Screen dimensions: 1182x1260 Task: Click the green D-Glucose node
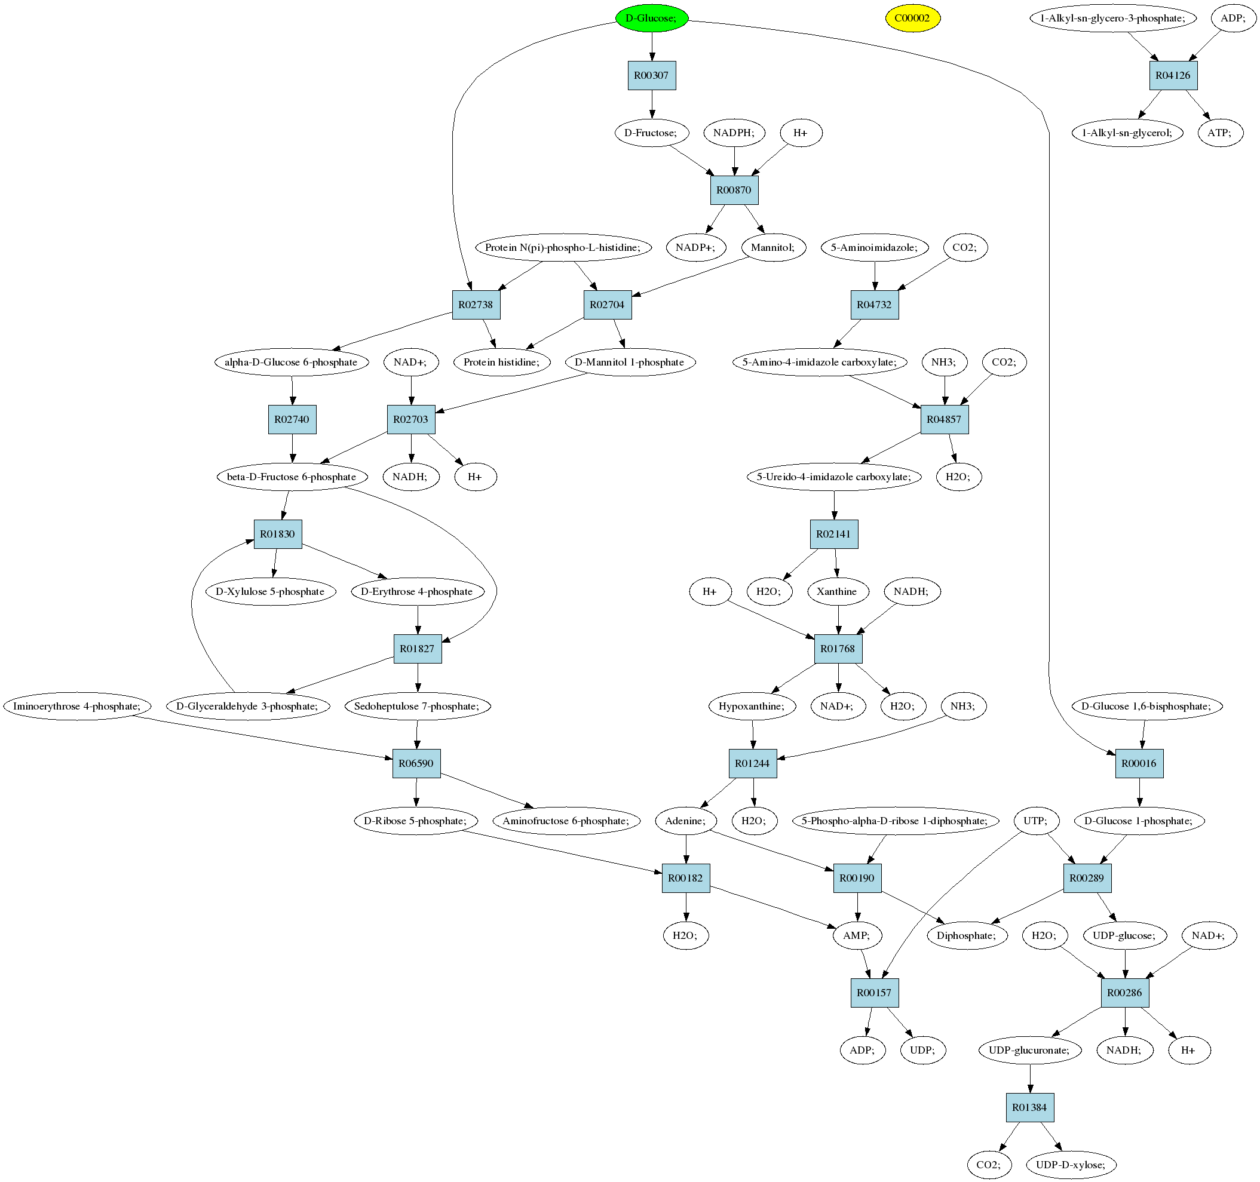tap(652, 18)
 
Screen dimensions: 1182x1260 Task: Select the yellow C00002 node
tap(912, 18)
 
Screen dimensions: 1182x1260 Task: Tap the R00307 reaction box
tap(652, 75)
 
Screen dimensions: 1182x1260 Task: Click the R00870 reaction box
tap(734, 190)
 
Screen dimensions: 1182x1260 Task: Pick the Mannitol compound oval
tap(773, 247)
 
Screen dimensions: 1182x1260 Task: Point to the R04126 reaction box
tap(1173, 75)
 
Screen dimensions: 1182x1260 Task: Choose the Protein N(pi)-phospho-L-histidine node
tap(563, 247)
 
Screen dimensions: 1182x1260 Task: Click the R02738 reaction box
tap(476, 305)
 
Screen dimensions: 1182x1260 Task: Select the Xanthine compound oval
tap(837, 591)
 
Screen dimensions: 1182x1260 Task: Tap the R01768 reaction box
tap(838, 649)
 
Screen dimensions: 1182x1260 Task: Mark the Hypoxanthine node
tap(752, 706)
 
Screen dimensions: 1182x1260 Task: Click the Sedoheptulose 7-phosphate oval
tap(417, 706)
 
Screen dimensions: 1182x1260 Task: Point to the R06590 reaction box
tap(416, 764)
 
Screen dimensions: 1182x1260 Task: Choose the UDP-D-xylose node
tap(1071, 1165)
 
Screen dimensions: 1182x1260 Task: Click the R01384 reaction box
tap(1030, 1107)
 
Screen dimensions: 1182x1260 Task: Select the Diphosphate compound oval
tap(967, 935)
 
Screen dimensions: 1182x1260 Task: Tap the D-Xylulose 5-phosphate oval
tap(271, 591)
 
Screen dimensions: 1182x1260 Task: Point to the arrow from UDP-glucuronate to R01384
tap(1030, 1079)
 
